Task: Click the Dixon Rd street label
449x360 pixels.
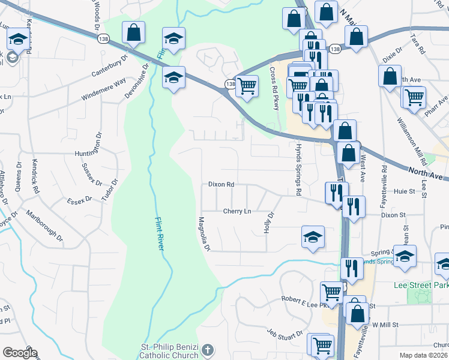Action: point(221,185)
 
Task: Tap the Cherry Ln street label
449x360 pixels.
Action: point(237,211)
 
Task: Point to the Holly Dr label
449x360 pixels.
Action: point(269,223)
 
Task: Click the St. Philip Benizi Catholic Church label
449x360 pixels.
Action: point(159,353)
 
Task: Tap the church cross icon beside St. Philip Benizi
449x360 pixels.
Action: point(207,349)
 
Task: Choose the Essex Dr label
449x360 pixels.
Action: point(78,199)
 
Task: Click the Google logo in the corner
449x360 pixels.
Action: point(20,353)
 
